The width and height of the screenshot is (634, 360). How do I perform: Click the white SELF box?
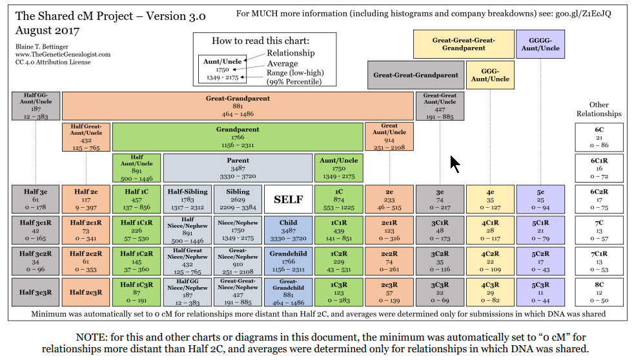coord(289,200)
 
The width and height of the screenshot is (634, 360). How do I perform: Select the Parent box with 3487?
coord(238,168)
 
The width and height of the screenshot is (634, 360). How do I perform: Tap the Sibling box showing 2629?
coord(238,200)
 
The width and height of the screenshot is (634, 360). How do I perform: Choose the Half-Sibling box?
coord(187,200)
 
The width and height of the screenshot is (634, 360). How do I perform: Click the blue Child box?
coord(289,231)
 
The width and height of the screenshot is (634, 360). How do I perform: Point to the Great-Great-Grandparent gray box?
coord(416,75)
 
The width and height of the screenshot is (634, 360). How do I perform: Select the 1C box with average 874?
coord(338,200)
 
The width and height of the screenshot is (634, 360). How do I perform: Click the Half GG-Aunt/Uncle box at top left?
coord(36,106)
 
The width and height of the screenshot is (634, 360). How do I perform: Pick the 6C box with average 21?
coord(599,137)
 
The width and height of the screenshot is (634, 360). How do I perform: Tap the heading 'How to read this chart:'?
coord(265,41)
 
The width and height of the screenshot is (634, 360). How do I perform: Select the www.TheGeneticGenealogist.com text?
coord(61,55)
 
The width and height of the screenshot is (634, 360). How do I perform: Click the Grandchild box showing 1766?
coord(289,261)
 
